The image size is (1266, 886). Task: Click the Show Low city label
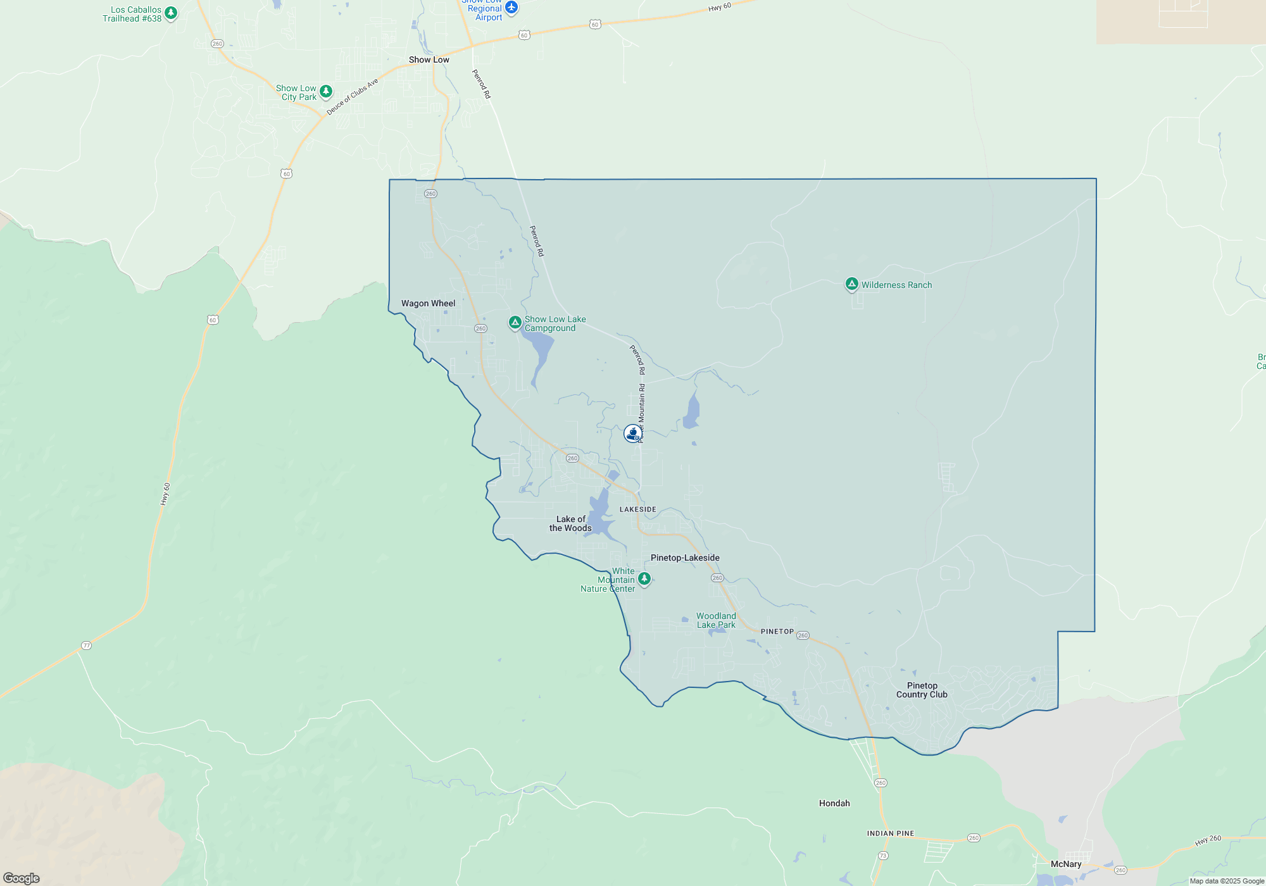429,59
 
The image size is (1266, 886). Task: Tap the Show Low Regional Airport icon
511,8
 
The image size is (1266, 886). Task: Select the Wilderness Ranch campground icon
852,284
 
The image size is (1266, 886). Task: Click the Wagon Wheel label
428,303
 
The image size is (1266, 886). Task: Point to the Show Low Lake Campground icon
515,323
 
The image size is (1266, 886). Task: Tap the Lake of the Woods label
570,523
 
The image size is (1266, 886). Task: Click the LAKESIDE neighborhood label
637,509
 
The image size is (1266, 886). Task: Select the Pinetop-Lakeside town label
685,558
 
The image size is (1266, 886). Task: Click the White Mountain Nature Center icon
644,578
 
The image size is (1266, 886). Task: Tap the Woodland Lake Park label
716,620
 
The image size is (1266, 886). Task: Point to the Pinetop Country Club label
922,690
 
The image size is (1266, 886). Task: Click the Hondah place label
834,803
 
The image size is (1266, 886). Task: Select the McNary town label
1066,864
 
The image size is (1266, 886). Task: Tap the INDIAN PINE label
891,833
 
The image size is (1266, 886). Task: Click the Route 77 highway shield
87,646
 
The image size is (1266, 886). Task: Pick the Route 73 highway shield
883,856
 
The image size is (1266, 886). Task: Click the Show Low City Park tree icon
326,91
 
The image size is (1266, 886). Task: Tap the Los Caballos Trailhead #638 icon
171,13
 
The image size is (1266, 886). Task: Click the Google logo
22,878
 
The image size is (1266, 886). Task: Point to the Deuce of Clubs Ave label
352,96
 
